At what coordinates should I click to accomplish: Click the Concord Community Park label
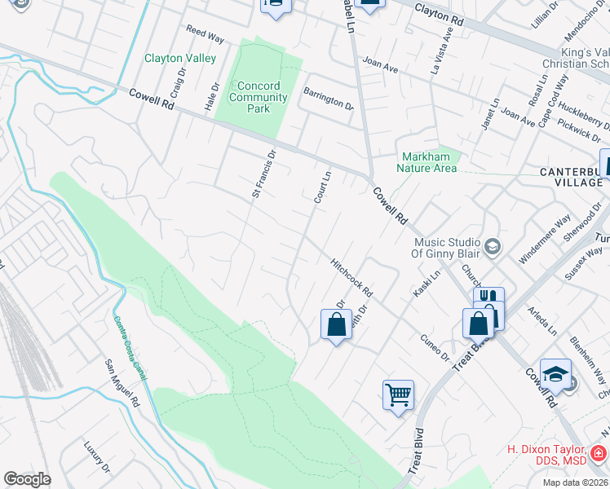259,97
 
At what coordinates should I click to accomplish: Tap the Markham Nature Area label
427,163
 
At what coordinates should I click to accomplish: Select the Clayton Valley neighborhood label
180,58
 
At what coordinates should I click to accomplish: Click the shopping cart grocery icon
398,395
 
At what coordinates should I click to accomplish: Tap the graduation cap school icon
555,374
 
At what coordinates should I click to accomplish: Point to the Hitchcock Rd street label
351,278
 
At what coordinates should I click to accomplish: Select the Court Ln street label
323,186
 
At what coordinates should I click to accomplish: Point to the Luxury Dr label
96,457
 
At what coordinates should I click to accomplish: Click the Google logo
27,479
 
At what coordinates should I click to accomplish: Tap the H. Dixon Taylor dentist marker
598,452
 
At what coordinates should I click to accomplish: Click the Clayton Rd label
444,11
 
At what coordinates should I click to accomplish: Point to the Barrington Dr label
329,99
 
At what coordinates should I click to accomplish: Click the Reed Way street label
205,36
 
